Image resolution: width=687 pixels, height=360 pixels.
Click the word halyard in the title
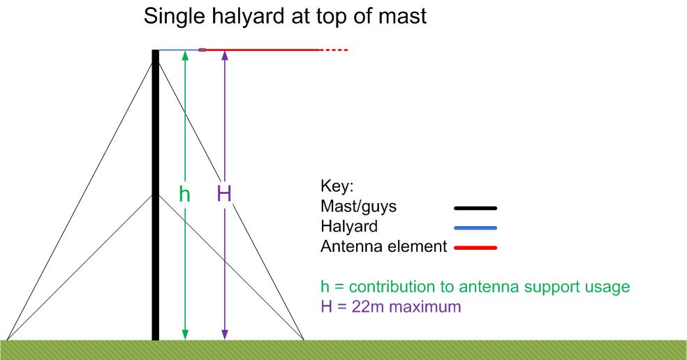point(248,17)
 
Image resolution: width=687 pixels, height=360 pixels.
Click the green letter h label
point(184,193)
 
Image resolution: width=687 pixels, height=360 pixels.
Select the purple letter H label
point(224,193)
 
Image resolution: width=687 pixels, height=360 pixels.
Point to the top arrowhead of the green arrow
point(185,55)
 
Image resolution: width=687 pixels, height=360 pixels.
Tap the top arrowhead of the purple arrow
point(225,55)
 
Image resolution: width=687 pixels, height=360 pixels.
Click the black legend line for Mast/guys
point(475,208)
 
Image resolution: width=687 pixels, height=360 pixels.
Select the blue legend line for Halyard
point(475,227)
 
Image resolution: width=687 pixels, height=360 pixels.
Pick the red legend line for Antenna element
point(475,248)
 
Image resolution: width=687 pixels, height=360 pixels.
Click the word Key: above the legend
point(337,186)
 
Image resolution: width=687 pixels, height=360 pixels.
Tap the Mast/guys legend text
point(358,207)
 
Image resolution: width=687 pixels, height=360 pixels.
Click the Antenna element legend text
point(384,246)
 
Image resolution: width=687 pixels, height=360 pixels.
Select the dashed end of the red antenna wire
point(334,50)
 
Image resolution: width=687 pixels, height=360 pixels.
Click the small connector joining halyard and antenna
point(202,50)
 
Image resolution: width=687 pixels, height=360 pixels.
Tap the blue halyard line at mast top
point(179,50)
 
